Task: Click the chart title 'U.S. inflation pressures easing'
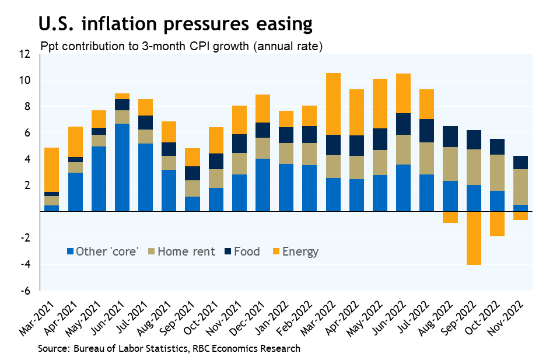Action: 175,24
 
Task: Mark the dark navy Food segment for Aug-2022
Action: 450,137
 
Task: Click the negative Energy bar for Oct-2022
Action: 497,224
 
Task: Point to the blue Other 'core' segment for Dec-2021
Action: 263,185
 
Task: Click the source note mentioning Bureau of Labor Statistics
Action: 169,349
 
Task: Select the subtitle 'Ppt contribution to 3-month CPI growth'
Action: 181,46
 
